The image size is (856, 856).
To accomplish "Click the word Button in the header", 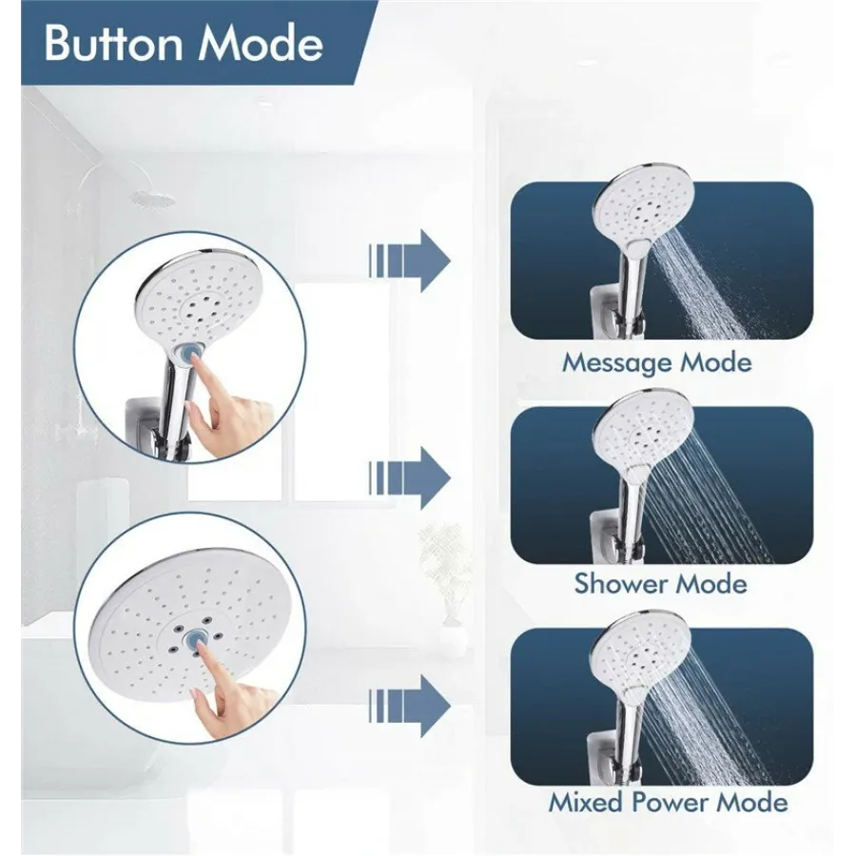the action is click(113, 43).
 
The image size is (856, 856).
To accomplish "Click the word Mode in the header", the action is click(261, 43).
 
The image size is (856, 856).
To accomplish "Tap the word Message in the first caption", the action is click(610, 363).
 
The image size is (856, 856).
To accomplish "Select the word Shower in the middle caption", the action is click(615, 584).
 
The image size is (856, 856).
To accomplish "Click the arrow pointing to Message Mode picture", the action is click(409, 261).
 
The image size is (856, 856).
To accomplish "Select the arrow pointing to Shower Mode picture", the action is click(409, 478).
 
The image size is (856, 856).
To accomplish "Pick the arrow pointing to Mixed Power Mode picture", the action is click(409, 707).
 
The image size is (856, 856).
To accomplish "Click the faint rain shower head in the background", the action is click(153, 198).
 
